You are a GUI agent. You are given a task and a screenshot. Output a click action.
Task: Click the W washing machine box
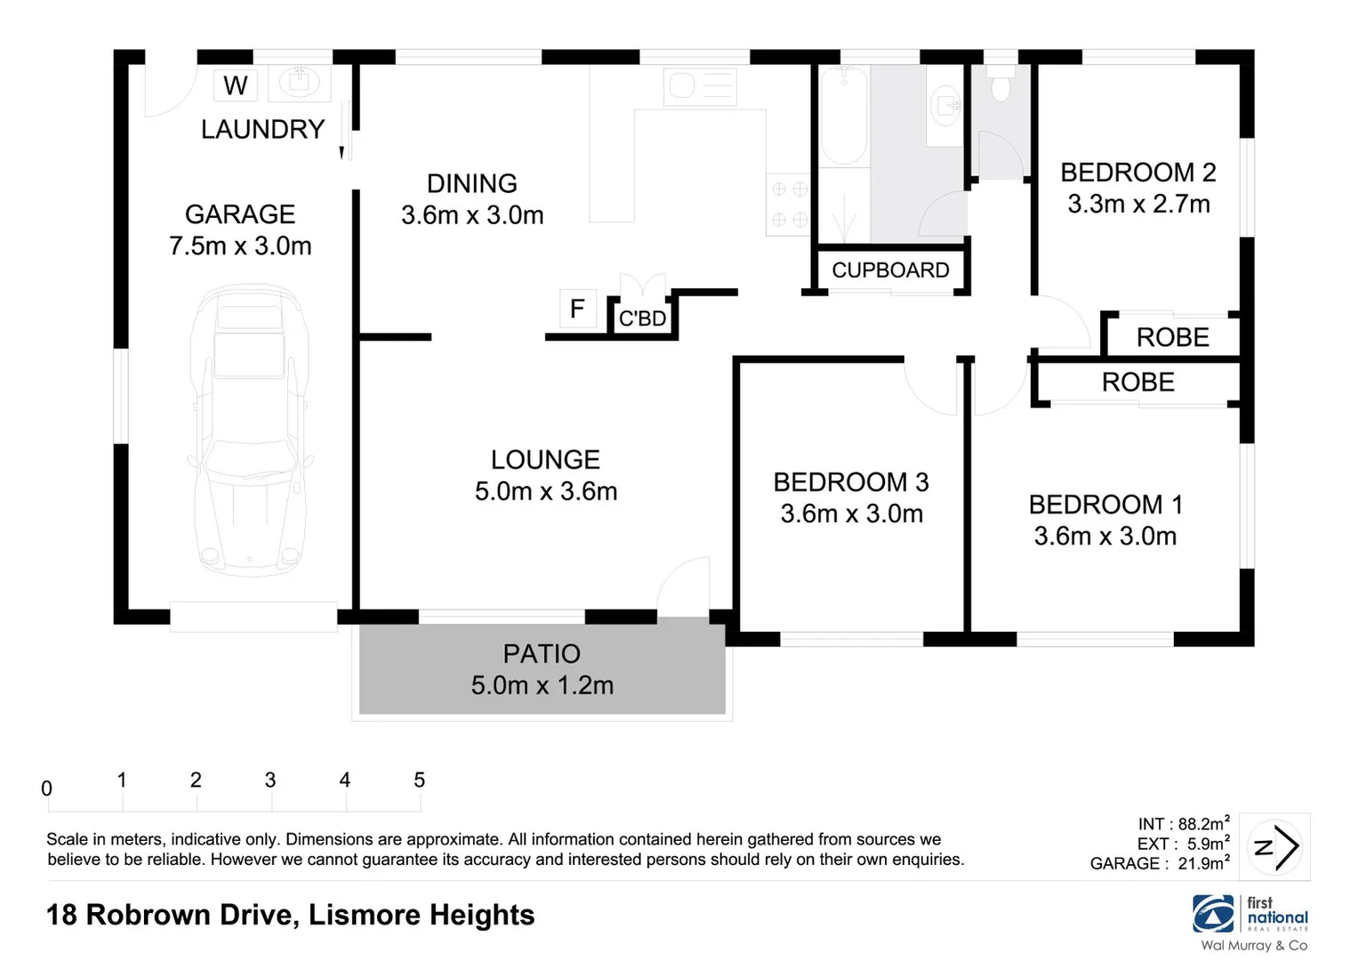pyautogui.click(x=236, y=85)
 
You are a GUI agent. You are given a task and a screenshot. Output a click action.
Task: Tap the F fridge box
pyautogui.click(x=577, y=309)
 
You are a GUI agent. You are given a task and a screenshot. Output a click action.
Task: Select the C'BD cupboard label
pyautogui.click(x=642, y=319)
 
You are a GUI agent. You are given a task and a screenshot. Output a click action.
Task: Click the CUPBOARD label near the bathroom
pyautogui.click(x=890, y=270)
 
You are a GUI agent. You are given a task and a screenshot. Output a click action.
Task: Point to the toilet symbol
pyautogui.click(x=1000, y=86)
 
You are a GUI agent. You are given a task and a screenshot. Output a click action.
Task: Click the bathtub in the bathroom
pyautogui.click(x=842, y=116)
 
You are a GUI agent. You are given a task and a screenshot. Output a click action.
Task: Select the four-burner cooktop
pyautogui.click(x=788, y=204)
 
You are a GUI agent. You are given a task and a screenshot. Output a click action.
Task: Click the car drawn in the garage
pyautogui.click(x=250, y=430)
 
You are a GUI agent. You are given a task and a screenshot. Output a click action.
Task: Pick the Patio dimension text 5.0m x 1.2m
pyautogui.click(x=542, y=685)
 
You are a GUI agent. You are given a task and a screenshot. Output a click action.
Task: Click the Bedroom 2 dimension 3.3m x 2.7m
pyautogui.click(x=1138, y=204)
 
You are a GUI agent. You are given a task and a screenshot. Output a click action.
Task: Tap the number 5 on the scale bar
pyautogui.click(x=419, y=780)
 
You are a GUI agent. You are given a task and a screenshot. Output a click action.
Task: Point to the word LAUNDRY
pyautogui.click(x=262, y=130)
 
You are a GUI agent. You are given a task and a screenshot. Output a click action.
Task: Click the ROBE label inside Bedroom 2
pyautogui.click(x=1172, y=337)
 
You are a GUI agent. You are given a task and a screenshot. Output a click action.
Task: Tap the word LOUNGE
pyautogui.click(x=545, y=460)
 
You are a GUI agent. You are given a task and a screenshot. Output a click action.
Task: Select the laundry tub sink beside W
pyautogui.click(x=300, y=85)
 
